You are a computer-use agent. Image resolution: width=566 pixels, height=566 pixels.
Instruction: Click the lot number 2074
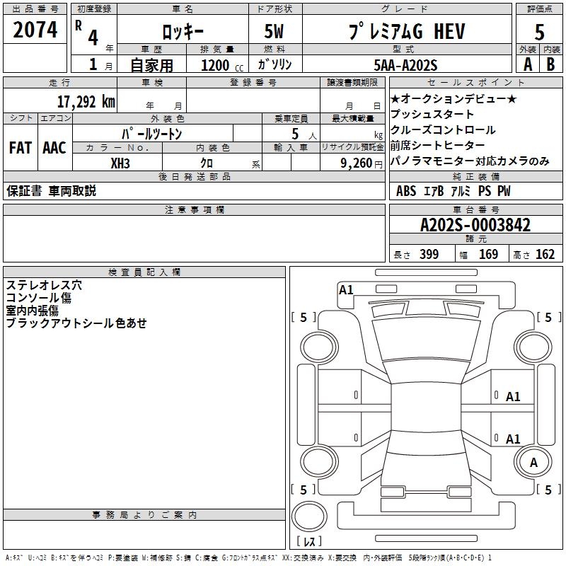35,30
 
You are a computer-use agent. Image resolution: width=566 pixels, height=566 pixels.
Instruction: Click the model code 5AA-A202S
406,65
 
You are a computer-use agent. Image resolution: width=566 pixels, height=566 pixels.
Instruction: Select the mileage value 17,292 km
85,101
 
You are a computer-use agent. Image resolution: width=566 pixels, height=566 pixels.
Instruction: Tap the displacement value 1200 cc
219,65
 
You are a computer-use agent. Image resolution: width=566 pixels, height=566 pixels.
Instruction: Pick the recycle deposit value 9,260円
354,163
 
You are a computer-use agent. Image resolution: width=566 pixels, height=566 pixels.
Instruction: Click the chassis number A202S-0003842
475,226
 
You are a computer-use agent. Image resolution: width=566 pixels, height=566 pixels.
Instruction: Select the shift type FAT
20,148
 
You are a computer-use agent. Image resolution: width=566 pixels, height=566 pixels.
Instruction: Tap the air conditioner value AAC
54,148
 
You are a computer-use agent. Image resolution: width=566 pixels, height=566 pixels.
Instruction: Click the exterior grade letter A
527,64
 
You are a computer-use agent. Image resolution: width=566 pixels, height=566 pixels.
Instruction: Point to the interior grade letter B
551,64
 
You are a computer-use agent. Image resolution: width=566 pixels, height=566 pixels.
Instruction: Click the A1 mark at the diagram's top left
346,289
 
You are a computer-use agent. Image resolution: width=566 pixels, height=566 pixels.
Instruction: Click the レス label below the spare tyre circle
308,541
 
